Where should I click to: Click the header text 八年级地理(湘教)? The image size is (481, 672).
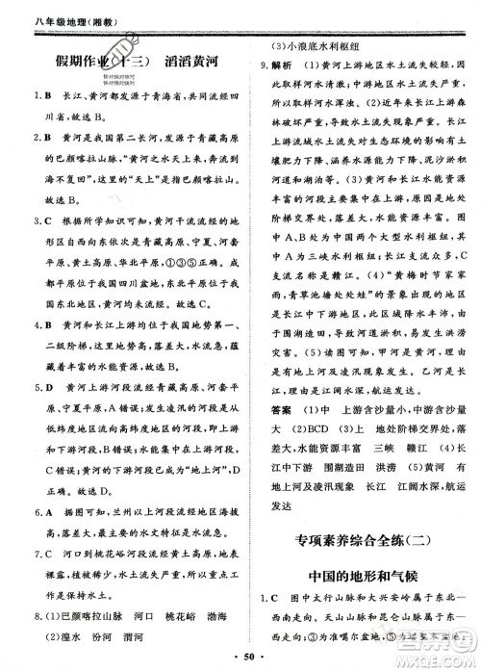[x=49, y=13]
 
